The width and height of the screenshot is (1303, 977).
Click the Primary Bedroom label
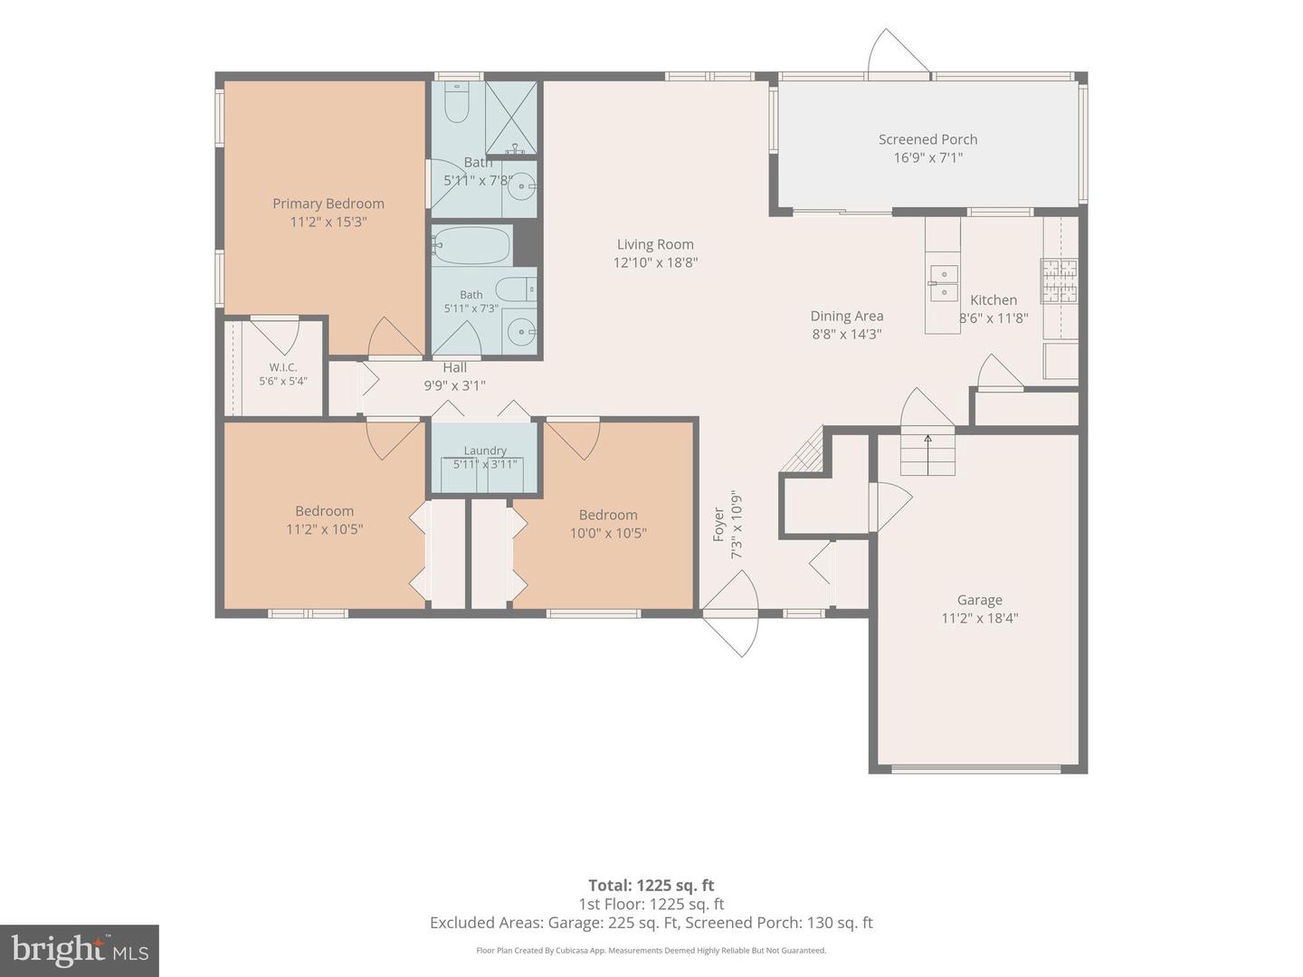click(328, 204)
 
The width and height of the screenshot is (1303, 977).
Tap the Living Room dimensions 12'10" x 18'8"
click(655, 262)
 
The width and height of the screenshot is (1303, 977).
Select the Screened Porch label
click(927, 139)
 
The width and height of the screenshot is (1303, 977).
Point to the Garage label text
click(979, 600)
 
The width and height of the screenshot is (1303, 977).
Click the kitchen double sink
click(944, 283)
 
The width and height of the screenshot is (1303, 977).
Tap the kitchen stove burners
click(1060, 281)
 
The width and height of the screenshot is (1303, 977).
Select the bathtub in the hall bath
click(471, 244)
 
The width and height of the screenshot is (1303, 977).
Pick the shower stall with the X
click(511, 119)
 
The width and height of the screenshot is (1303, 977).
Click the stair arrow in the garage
click(927, 454)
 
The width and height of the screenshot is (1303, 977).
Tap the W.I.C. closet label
click(283, 367)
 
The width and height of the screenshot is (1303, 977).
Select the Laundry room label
click(485, 451)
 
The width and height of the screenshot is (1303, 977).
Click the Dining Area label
click(847, 317)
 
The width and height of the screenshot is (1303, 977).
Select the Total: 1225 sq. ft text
click(651, 886)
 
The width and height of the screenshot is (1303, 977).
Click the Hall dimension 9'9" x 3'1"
click(454, 385)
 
